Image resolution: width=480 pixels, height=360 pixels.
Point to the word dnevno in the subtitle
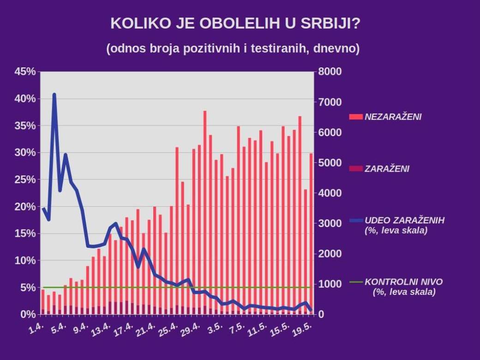(x=336, y=48)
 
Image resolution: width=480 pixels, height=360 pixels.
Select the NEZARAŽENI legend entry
(x=393, y=117)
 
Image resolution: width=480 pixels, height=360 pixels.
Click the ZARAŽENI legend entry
(x=387, y=169)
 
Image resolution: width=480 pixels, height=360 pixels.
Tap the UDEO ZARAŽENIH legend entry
(x=404, y=221)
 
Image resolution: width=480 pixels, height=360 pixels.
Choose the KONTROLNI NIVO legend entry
(x=403, y=282)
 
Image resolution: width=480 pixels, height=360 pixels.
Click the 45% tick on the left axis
(x=25, y=72)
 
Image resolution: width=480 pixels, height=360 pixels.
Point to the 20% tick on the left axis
(x=25, y=206)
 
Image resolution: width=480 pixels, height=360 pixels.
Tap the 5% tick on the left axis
(x=28, y=288)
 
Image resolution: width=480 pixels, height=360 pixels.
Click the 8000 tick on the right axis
(x=330, y=72)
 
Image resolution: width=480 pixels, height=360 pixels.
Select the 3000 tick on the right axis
(x=330, y=223)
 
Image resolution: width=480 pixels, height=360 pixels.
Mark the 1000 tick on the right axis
(x=330, y=284)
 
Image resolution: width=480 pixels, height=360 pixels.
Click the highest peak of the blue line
(x=54, y=95)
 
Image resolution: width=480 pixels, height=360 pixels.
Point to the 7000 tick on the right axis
(x=330, y=102)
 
